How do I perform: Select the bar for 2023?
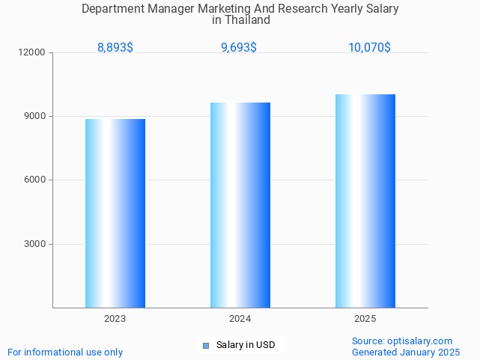click(x=115, y=213)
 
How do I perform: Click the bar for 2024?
click(x=240, y=205)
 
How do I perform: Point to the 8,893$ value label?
click(x=115, y=47)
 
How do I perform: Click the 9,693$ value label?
click(x=239, y=47)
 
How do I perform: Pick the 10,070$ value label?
click(x=369, y=47)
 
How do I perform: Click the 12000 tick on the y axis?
click(x=33, y=52)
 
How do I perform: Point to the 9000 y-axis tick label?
click(x=35, y=116)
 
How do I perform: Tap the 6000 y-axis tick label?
click(x=35, y=180)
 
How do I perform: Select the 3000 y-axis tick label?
click(x=35, y=244)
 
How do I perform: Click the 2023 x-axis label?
click(x=115, y=319)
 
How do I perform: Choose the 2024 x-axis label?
click(x=240, y=319)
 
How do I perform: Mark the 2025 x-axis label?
click(x=365, y=319)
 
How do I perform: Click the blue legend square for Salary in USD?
click(x=207, y=345)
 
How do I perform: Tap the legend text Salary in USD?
click(x=246, y=345)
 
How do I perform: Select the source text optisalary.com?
click(x=421, y=341)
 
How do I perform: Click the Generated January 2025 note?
click(x=406, y=352)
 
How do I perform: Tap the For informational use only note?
click(x=65, y=352)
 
